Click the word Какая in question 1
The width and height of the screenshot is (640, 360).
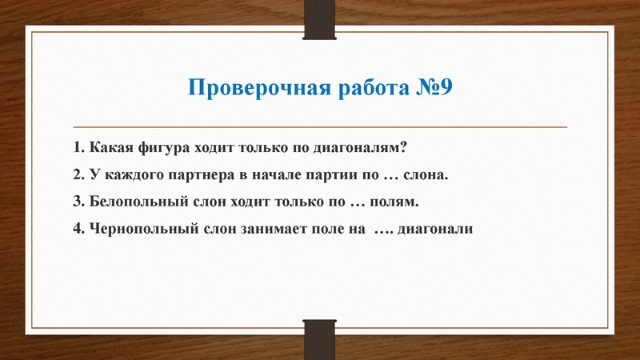click(110, 148)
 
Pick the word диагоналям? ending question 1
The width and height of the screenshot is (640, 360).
click(365, 148)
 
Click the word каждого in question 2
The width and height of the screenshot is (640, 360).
click(130, 174)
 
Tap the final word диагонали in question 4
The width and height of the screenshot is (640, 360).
click(438, 227)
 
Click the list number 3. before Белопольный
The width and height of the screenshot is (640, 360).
click(78, 201)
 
